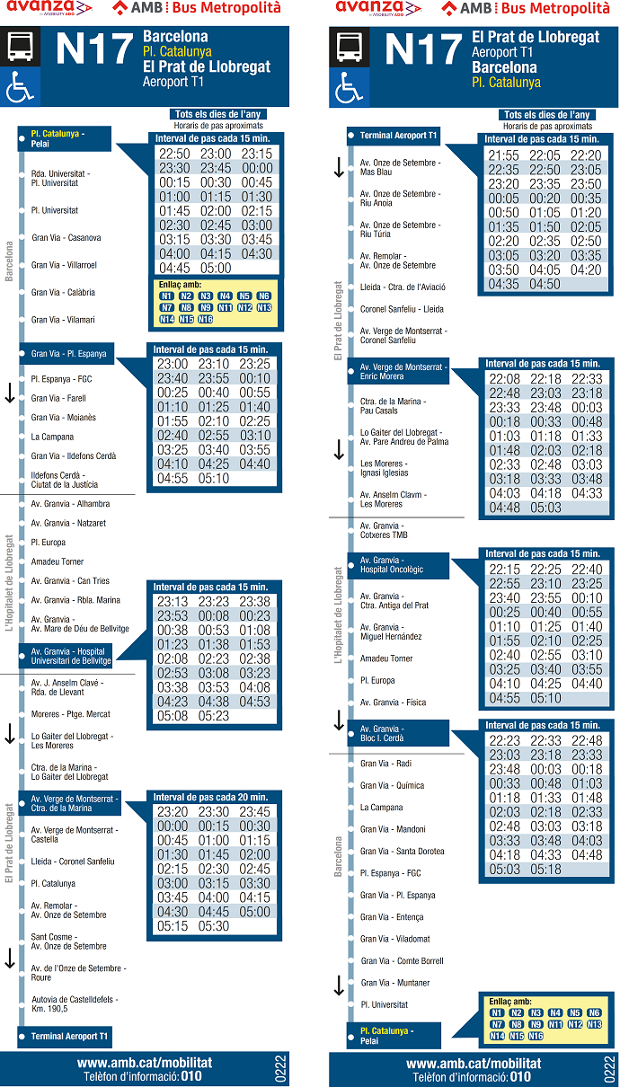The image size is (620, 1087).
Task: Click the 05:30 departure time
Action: click(214, 926)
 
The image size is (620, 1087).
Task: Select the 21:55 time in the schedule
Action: click(503, 155)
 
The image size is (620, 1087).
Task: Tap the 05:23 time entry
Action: click(214, 716)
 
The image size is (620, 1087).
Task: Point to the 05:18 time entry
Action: click(545, 870)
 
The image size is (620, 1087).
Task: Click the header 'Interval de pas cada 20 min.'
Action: click(210, 797)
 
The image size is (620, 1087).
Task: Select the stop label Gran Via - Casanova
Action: click(66, 238)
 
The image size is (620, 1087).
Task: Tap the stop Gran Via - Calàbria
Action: click(63, 293)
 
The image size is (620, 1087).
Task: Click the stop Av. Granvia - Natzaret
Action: click(68, 523)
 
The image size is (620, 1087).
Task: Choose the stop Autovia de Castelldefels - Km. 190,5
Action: click(74, 1003)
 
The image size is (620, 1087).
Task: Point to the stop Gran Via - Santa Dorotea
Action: click(402, 852)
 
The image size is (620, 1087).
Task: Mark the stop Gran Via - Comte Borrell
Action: click(402, 961)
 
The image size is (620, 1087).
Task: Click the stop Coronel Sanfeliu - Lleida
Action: click(402, 309)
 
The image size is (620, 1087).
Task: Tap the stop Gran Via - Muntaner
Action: click(395, 983)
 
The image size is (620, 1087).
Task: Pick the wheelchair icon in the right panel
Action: click(349, 88)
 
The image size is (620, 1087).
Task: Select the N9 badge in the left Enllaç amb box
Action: click(206, 307)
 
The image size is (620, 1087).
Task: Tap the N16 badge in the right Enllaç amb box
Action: click(536, 1037)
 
